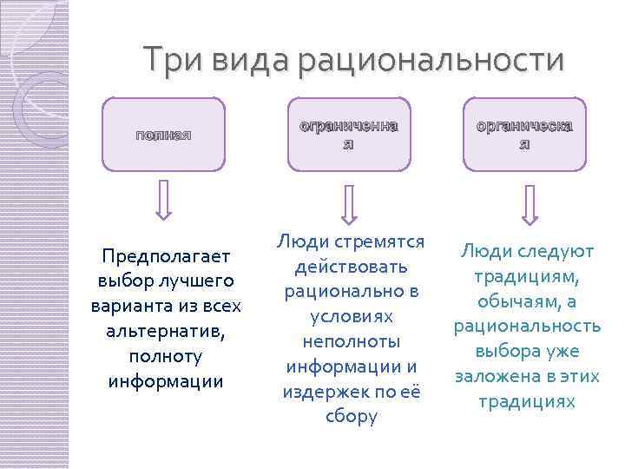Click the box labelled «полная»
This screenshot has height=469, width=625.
click(x=163, y=133)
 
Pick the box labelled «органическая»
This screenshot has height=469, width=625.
click(x=523, y=133)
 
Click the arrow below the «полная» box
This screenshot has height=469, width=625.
click(x=163, y=200)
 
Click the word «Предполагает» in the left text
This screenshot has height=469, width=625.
click(x=166, y=256)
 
